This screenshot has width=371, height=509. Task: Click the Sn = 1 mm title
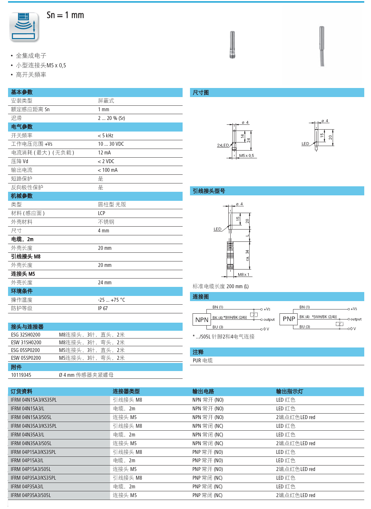pos(65,15)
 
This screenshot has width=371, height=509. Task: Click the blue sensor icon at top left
pos(24,27)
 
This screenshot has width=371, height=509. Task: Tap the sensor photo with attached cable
pos(322,46)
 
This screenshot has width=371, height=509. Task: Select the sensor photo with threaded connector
pos(232,44)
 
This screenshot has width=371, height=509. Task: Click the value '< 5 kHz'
pos(106,135)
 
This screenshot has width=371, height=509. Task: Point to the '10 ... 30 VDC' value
pos(111,144)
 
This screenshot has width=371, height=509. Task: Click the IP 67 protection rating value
pos(103,308)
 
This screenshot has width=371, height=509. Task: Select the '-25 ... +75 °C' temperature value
pos(111,300)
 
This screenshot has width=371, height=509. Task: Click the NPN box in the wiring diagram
pos(202,320)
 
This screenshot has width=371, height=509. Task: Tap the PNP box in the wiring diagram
pos(289,319)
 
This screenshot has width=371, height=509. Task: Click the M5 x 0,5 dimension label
pos(246,156)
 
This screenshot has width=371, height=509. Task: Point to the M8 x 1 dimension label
pos(243,275)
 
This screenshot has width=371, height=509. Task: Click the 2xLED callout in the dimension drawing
pos(223,145)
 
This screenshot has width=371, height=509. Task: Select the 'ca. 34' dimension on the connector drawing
pos(247,255)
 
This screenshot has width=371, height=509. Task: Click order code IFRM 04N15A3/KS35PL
pos(33,400)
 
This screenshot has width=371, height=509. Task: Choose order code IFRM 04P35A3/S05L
pos(31,495)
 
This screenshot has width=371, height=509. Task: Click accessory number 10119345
pos(21,375)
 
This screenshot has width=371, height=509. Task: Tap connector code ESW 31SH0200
pos(26,343)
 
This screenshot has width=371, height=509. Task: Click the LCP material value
pos(101,213)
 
